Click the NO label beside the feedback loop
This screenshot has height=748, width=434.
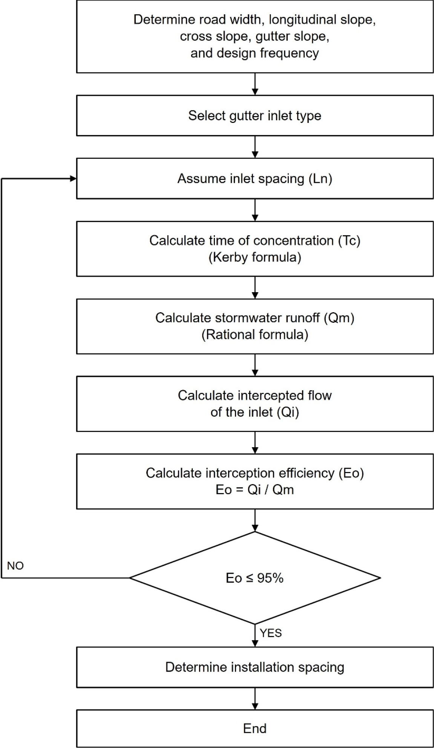coord(15,566)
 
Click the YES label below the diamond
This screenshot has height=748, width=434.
coord(271,633)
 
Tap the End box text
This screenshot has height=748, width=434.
coord(255,728)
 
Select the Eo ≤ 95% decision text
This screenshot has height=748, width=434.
coord(255,578)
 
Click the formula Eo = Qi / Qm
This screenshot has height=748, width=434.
coord(255,490)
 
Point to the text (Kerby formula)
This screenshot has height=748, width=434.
coord(255,258)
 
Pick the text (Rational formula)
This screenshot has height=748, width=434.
coord(255,335)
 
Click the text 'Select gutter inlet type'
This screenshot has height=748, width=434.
coord(255,115)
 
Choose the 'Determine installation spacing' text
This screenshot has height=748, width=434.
coord(255,667)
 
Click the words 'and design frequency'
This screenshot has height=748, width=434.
coord(255,53)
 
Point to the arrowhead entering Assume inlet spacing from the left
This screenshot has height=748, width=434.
coord(73,178)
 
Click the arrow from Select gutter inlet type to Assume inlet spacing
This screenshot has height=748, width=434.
coord(255,147)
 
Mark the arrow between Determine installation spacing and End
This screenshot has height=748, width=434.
coord(255,699)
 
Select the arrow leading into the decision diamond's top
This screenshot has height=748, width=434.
coord(255,520)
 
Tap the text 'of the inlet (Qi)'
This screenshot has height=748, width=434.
coord(255,412)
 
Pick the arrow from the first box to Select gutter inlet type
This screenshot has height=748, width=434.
coord(255,84)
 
